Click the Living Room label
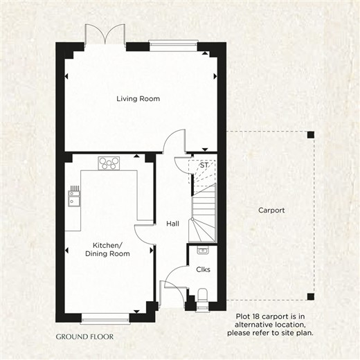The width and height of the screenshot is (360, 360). pyautogui.click(x=138, y=99)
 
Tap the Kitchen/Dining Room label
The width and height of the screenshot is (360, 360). pyautogui.click(x=107, y=249)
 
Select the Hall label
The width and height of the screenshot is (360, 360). pyautogui.click(x=172, y=224)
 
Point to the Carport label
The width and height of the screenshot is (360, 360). pyautogui.click(x=271, y=210)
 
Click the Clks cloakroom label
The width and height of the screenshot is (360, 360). pyautogui.click(x=203, y=269)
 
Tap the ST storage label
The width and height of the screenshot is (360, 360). pyautogui.click(x=204, y=165)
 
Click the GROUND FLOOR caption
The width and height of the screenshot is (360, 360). pyautogui.click(x=84, y=336)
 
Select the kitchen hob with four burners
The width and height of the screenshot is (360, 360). pyautogui.click(x=109, y=163)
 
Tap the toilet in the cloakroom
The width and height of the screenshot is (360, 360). pyautogui.click(x=203, y=297)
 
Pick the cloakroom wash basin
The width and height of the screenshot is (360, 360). pyautogui.click(x=203, y=250)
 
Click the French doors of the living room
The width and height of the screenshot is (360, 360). pyautogui.click(x=105, y=35)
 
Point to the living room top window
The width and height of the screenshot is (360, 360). pyautogui.click(x=173, y=46)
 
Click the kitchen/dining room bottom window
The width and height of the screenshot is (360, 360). pyautogui.click(x=105, y=318)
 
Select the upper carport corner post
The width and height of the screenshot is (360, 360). pyautogui.click(x=311, y=135)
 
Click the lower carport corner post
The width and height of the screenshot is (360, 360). pyautogui.click(x=311, y=296)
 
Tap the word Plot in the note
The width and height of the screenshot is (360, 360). pyautogui.click(x=243, y=316)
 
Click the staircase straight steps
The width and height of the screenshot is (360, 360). pyautogui.click(x=204, y=206)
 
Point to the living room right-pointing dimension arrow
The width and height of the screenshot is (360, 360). pyautogui.click(x=215, y=76)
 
